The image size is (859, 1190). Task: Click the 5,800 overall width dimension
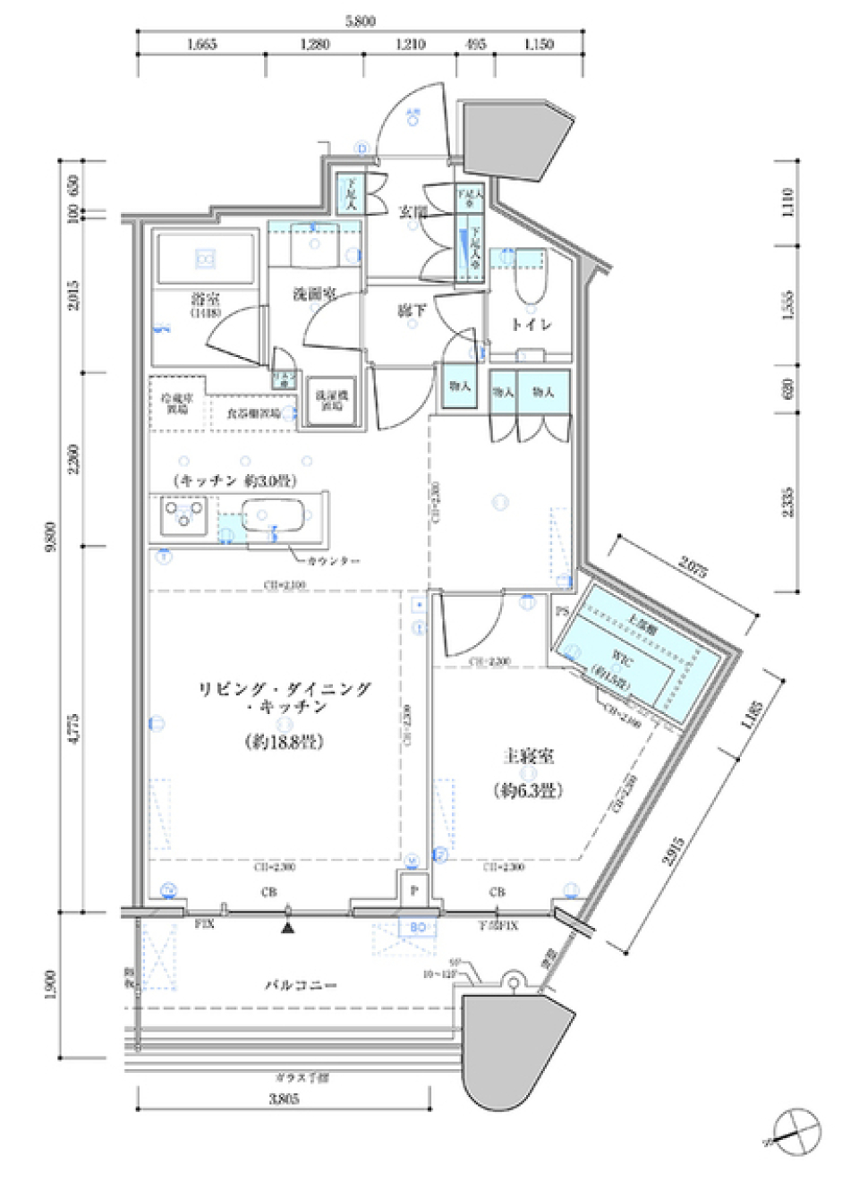(x=360, y=21)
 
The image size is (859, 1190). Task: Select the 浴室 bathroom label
(x=206, y=300)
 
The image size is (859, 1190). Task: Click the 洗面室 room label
(x=314, y=293)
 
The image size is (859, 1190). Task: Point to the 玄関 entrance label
(x=412, y=212)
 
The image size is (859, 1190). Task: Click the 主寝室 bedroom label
(x=528, y=757)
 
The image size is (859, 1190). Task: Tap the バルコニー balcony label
(x=300, y=984)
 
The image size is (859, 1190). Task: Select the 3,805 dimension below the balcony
(x=284, y=1099)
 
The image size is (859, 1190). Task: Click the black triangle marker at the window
(x=287, y=928)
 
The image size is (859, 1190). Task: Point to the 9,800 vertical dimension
(x=51, y=537)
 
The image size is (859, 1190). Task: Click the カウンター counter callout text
(x=333, y=561)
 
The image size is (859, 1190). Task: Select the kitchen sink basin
(x=273, y=516)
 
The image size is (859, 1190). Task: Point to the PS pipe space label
(x=562, y=612)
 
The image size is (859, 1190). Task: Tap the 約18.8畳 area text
(x=284, y=742)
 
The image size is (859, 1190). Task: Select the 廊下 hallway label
(x=412, y=310)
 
